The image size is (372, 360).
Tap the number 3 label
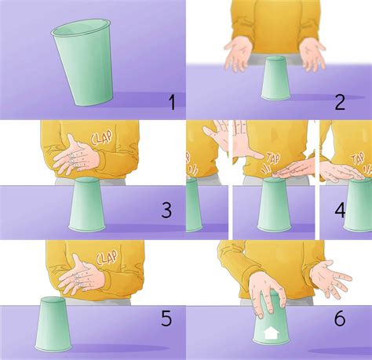click(x=166, y=210)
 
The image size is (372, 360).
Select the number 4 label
click(x=361, y=210)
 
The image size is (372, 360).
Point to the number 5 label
click(x=166, y=319)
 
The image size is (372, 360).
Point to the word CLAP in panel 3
click(x=104, y=138)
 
